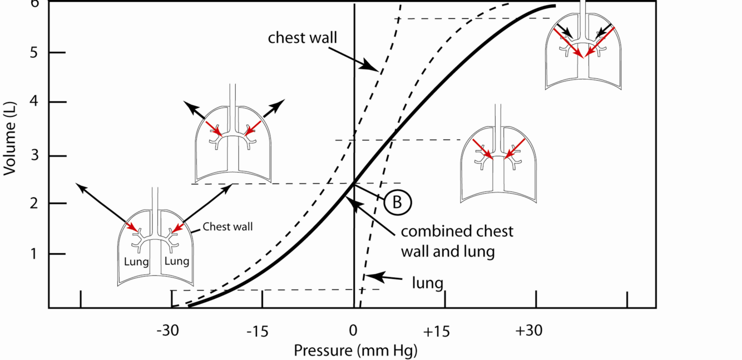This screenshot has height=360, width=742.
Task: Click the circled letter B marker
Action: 397,202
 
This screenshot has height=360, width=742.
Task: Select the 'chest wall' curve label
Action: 303,37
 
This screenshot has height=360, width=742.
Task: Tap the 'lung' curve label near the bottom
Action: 427,283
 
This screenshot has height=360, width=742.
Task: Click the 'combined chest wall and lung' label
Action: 457,241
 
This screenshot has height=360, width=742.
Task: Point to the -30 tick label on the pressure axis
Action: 167,331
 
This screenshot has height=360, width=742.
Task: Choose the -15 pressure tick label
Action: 257,331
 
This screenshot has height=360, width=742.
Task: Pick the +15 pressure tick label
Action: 437,331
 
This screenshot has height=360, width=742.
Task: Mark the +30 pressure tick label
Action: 528,331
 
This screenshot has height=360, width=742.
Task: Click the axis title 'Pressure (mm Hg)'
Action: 355,351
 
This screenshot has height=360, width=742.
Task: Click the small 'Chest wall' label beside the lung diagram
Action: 227,226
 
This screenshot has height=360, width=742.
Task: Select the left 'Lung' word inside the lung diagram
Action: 137,261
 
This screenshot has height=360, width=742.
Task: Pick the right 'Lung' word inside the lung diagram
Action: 177,261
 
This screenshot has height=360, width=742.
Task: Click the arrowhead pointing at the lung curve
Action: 367,276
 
